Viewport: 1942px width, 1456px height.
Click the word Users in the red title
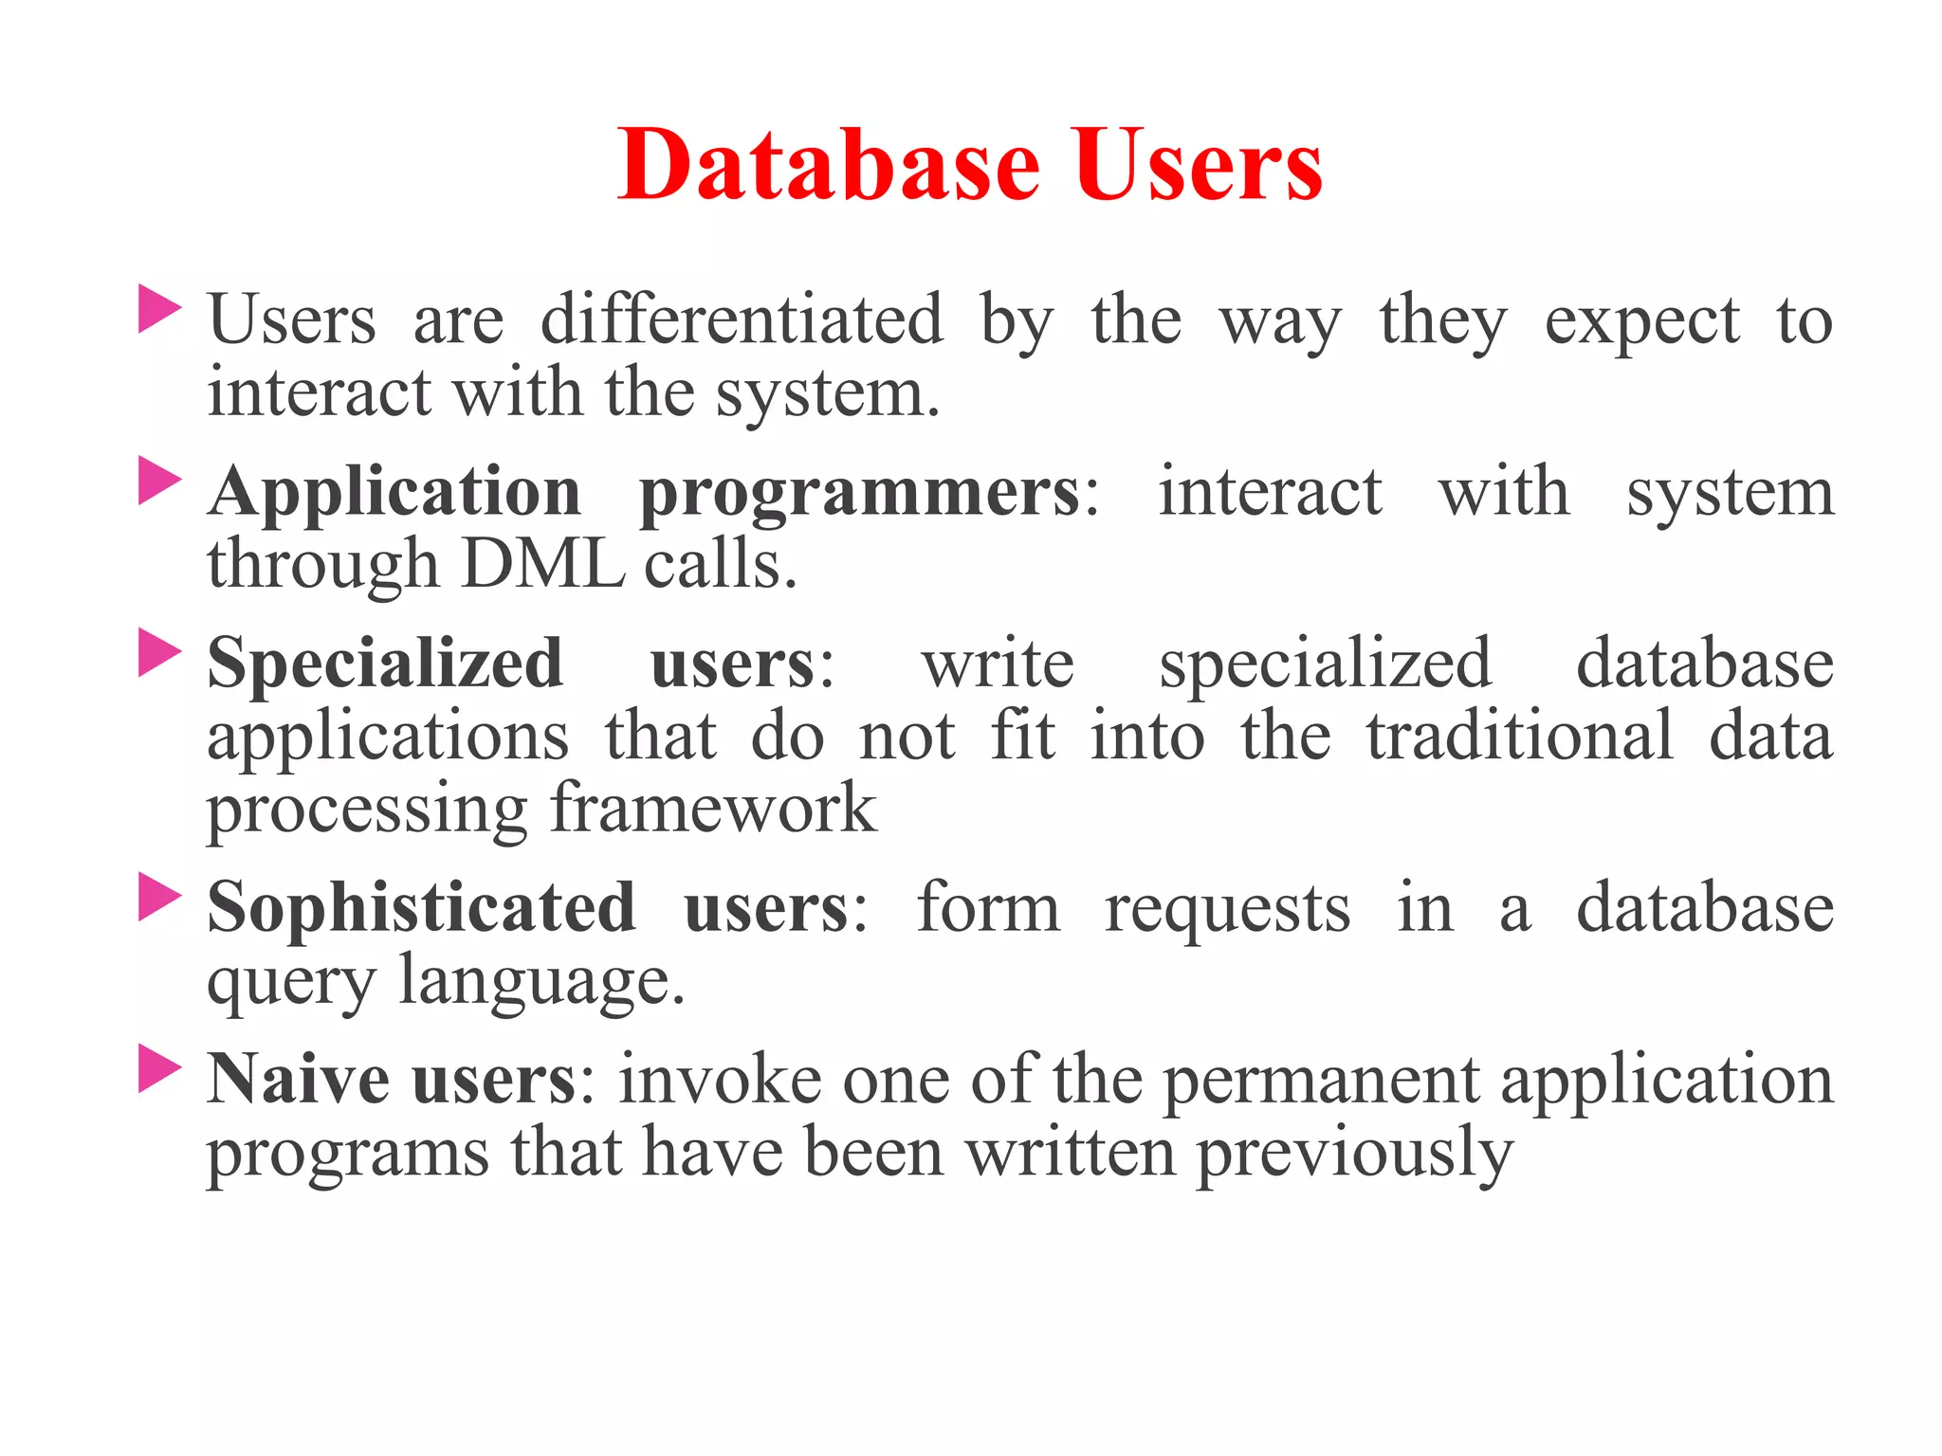click(1198, 166)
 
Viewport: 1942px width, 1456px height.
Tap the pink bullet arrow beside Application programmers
click(158, 481)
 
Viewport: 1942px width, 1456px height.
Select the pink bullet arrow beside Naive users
click(158, 1068)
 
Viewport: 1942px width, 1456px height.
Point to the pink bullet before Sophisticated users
click(158, 897)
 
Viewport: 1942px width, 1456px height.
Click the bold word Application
click(394, 493)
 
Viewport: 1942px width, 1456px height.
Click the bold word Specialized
click(385, 664)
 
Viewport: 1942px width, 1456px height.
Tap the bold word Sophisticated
click(421, 909)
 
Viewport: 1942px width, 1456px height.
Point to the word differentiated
click(742, 319)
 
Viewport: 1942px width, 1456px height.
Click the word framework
click(713, 809)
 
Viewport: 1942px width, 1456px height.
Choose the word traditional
click(1519, 737)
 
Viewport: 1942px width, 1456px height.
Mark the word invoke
click(720, 1080)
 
